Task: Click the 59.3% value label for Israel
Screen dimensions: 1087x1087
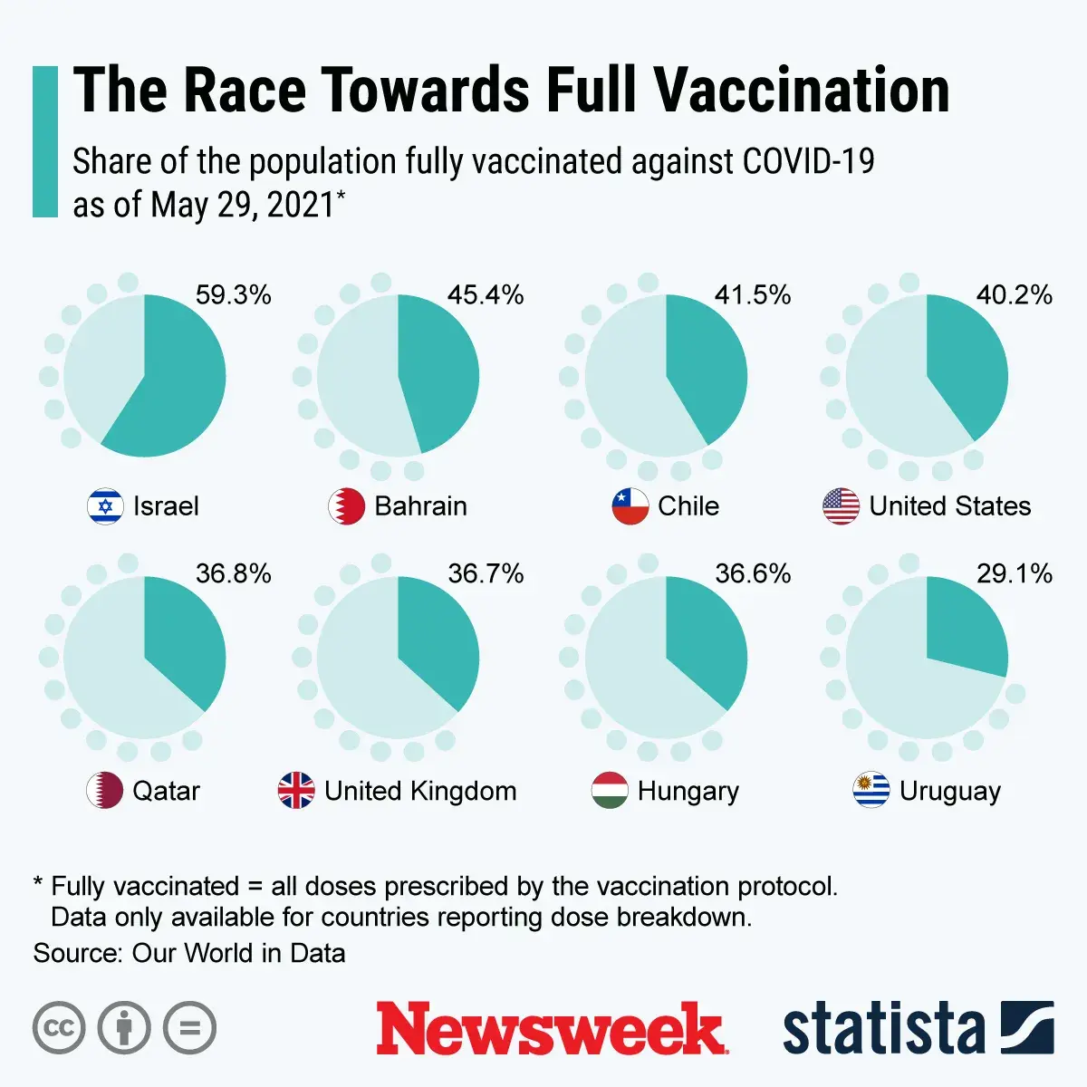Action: (x=233, y=295)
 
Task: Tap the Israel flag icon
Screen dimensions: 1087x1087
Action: (x=105, y=506)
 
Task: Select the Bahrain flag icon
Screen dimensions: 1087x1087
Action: (x=346, y=506)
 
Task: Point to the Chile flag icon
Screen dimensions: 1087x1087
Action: (x=630, y=506)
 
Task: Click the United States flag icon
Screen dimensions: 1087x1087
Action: (x=841, y=506)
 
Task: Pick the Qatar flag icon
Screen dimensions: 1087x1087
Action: (x=104, y=791)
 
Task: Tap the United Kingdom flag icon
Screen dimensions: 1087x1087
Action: (x=296, y=791)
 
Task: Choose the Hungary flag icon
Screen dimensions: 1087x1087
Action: (x=610, y=791)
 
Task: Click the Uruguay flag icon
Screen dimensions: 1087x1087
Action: (x=871, y=791)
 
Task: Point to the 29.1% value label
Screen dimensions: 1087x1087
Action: (x=1014, y=573)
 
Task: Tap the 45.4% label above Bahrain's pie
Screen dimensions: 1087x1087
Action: (x=486, y=295)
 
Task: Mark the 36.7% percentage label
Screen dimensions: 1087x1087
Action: (x=486, y=573)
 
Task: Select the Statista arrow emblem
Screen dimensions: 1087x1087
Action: (x=1027, y=1028)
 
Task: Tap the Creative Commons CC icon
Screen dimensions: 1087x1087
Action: (x=59, y=1028)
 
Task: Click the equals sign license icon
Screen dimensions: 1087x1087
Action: (x=190, y=1028)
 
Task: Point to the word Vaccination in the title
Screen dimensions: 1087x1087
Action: (x=802, y=91)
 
